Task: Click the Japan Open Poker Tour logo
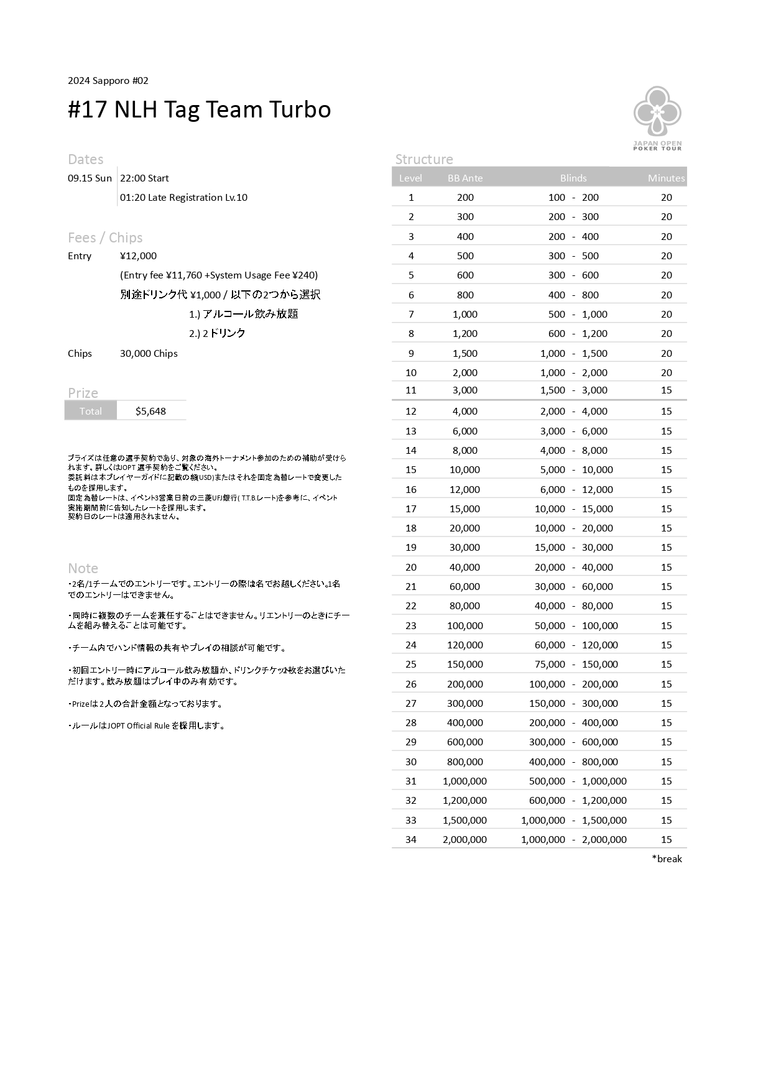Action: click(x=657, y=118)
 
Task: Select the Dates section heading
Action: click(x=85, y=159)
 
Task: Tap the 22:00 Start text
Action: click(x=144, y=178)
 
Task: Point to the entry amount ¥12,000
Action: click(x=138, y=255)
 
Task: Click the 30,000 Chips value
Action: click(x=149, y=353)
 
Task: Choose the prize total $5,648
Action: click(x=150, y=411)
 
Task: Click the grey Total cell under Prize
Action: click(x=91, y=411)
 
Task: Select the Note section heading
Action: click(x=83, y=568)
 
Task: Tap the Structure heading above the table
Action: click(x=424, y=159)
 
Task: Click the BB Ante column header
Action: click(x=465, y=178)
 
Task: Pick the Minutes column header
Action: click(x=666, y=178)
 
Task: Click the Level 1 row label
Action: click(x=411, y=197)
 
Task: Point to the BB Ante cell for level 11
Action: click(x=465, y=390)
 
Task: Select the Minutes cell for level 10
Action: click(x=667, y=372)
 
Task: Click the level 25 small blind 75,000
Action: click(x=550, y=664)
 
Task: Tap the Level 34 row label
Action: click(x=411, y=839)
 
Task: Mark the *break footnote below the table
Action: click(x=667, y=859)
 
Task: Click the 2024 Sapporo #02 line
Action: click(x=108, y=80)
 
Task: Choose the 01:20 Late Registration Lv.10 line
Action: click(x=183, y=197)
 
